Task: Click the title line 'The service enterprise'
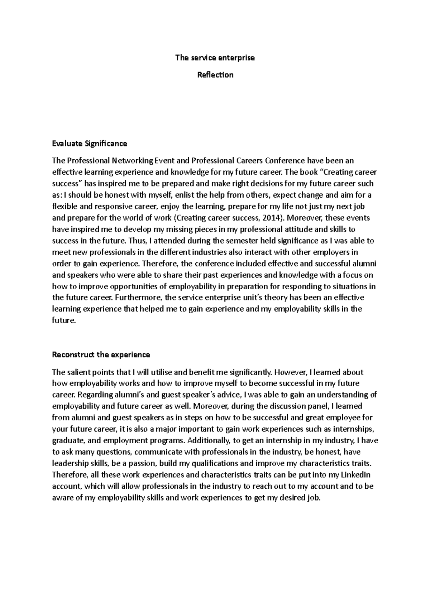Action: (x=215, y=58)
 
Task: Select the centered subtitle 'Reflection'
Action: (x=215, y=75)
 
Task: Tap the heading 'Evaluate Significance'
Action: (x=90, y=144)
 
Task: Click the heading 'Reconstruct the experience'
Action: (x=101, y=355)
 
